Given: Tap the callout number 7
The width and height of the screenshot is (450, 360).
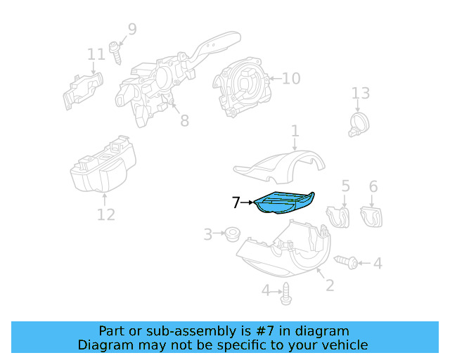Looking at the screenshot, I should click(236, 203).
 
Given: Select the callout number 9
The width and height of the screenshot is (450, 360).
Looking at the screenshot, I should click(131, 30).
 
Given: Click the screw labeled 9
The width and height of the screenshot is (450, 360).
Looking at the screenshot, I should click(118, 52).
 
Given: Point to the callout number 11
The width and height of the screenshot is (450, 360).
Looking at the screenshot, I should click(96, 54).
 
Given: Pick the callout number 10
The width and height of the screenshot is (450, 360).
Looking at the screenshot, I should click(290, 78).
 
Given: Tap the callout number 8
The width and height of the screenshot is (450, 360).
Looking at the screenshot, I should click(184, 121).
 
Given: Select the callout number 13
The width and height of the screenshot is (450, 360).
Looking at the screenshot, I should click(360, 94).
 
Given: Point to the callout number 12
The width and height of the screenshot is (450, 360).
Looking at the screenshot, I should click(105, 214).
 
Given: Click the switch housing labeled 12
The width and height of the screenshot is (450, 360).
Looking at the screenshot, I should click(104, 167).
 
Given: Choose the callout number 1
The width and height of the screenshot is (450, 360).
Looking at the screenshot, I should click(295, 131).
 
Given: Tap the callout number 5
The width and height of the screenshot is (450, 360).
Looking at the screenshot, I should click(345, 186).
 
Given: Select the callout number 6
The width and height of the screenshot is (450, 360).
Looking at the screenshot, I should click(373, 186).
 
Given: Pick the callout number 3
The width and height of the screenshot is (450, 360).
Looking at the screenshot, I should click(208, 234).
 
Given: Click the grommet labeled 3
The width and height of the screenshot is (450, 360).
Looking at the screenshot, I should click(230, 233).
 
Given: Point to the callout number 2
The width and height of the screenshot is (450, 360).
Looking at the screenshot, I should click(328, 285).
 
